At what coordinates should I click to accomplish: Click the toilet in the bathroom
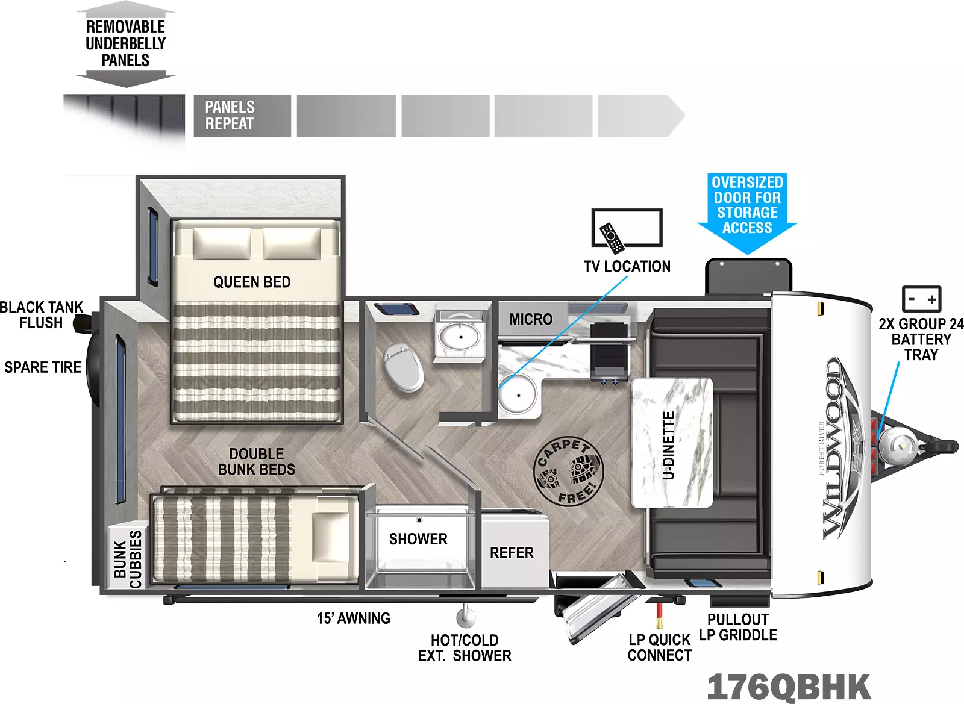404,367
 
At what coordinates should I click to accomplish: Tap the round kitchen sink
518,394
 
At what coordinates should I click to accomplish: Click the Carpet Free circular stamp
568,470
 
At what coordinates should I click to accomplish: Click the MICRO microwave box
531,319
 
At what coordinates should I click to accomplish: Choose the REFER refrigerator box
512,552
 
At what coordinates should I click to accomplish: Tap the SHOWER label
418,539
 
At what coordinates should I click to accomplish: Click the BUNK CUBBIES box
128,559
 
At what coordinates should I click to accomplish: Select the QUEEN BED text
252,282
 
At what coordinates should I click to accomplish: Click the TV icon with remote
627,228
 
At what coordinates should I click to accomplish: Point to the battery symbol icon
921,299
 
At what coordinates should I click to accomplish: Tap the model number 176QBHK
789,686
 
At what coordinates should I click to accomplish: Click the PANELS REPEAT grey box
242,116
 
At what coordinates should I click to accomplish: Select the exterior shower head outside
465,617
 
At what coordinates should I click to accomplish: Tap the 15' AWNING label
354,618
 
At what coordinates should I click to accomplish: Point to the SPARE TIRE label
43,367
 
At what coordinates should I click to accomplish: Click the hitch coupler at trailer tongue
946,447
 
